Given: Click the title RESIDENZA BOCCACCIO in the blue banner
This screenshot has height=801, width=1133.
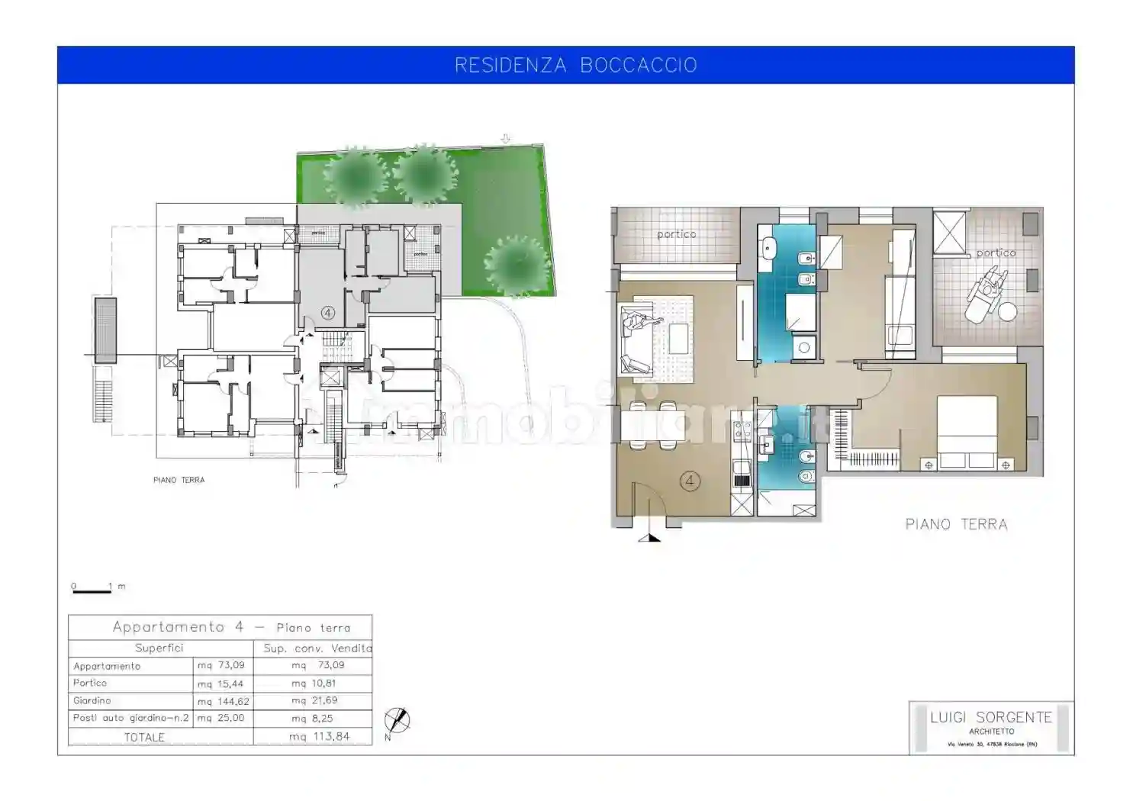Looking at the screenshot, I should pyautogui.click(x=575, y=66).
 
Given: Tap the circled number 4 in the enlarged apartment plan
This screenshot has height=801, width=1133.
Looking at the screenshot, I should pyautogui.click(x=690, y=481).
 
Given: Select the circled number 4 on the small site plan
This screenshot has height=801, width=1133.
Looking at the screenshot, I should pyautogui.click(x=328, y=313).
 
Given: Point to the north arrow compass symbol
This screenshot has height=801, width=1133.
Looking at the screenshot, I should pyautogui.click(x=397, y=720).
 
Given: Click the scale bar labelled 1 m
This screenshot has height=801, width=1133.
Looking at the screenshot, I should pyautogui.click(x=92, y=588).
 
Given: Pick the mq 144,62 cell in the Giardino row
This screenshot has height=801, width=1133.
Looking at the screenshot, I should pyautogui.click(x=223, y=701).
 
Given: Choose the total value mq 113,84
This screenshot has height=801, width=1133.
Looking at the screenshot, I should pyautogui.click(x=320, y=737).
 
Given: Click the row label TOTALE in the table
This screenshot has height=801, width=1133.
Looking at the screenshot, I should pyautogui.click(x=144, y=738).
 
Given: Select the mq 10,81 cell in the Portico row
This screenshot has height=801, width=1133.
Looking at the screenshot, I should pyautogui.click(x=314, y=684).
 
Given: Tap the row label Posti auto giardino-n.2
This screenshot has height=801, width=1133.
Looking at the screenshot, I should pyautogui.click(x=130, y=719).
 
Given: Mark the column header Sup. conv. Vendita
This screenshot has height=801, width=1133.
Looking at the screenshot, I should pyautogui.click(x=317, y=648).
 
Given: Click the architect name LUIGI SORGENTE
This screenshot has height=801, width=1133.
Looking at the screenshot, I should pyautogui.click(x=990, y=717).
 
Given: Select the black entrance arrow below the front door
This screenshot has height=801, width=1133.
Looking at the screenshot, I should pyautogui.click(x=649, y=537).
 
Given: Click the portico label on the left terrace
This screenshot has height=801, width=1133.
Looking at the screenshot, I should pyautogui.click(x=676, y=234).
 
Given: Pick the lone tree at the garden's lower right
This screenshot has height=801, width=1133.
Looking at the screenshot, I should pyautogui.click(x=518, y=265).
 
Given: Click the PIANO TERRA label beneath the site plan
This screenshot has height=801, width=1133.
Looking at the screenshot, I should pyautogui.click(x=179, y=481).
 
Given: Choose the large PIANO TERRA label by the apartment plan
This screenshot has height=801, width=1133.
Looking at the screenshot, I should pyautogui.click(x=956, y=525).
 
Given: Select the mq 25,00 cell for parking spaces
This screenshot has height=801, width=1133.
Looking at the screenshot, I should pyautogui.click(x=222, y=719).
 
